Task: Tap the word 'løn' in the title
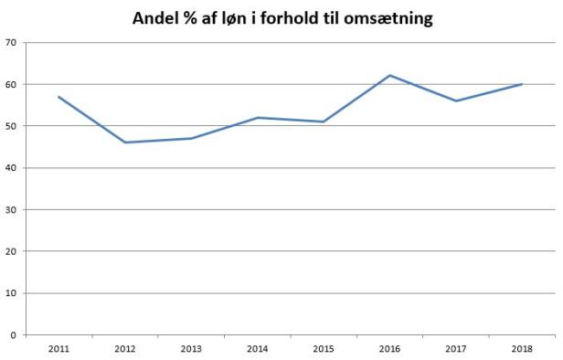[233, 18]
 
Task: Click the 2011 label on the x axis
[59, 349]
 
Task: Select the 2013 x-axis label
[191, 349]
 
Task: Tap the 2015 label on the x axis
[324, 349]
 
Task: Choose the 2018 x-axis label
[522, 349]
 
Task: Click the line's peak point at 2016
[389, 75]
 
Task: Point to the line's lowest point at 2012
[125, 143]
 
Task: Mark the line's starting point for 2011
[59, 97]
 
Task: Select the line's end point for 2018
[522, 84]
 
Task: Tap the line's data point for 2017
[455, 101]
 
